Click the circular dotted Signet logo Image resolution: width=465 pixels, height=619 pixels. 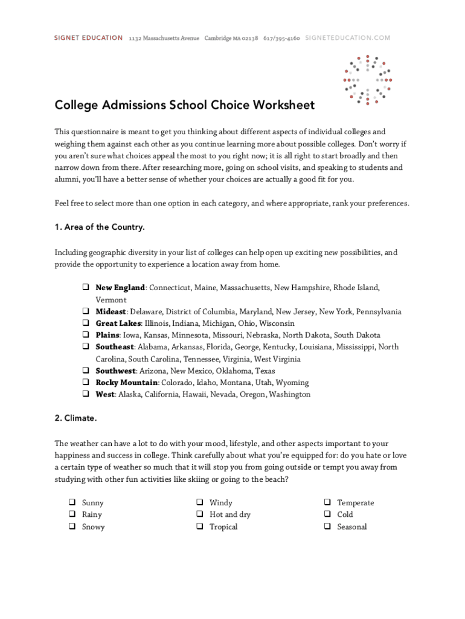pyautogui.click(x=368, y=80)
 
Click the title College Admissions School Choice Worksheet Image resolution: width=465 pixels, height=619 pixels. pyautogui.click(x=184, y=105)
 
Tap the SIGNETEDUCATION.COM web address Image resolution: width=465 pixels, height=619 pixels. pyautogui.click(x=347, y=38)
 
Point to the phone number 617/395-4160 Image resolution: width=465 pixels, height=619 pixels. pyautogui.click(x=281, y=38)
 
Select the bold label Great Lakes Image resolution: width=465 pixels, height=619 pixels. pyautogui.click(x=118, y=323)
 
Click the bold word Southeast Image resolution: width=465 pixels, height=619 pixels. pyautogui.click(x=115, y=347)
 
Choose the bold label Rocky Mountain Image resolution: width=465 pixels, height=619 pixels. pyautogui.click(x=126, y=383)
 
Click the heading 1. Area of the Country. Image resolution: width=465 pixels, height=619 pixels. pyautogui.click(x=100, y=227)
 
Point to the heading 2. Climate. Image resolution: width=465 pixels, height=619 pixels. pyautogui.click(x=75, y=418)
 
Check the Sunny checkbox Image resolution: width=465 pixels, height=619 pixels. pyautogui.click(x=71, y=502)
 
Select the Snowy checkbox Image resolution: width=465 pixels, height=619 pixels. pyautogui.click(x=71, y=527)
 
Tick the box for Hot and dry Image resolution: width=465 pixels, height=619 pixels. pyautogui.click(x=199, y=514)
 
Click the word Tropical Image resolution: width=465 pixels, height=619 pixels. pyautogui.click(x=223, y=527)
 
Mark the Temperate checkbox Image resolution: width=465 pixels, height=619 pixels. pyautogui.click(x=326, y=502)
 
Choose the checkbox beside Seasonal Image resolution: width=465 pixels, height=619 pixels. pyautogui.click(x=326, y=527)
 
